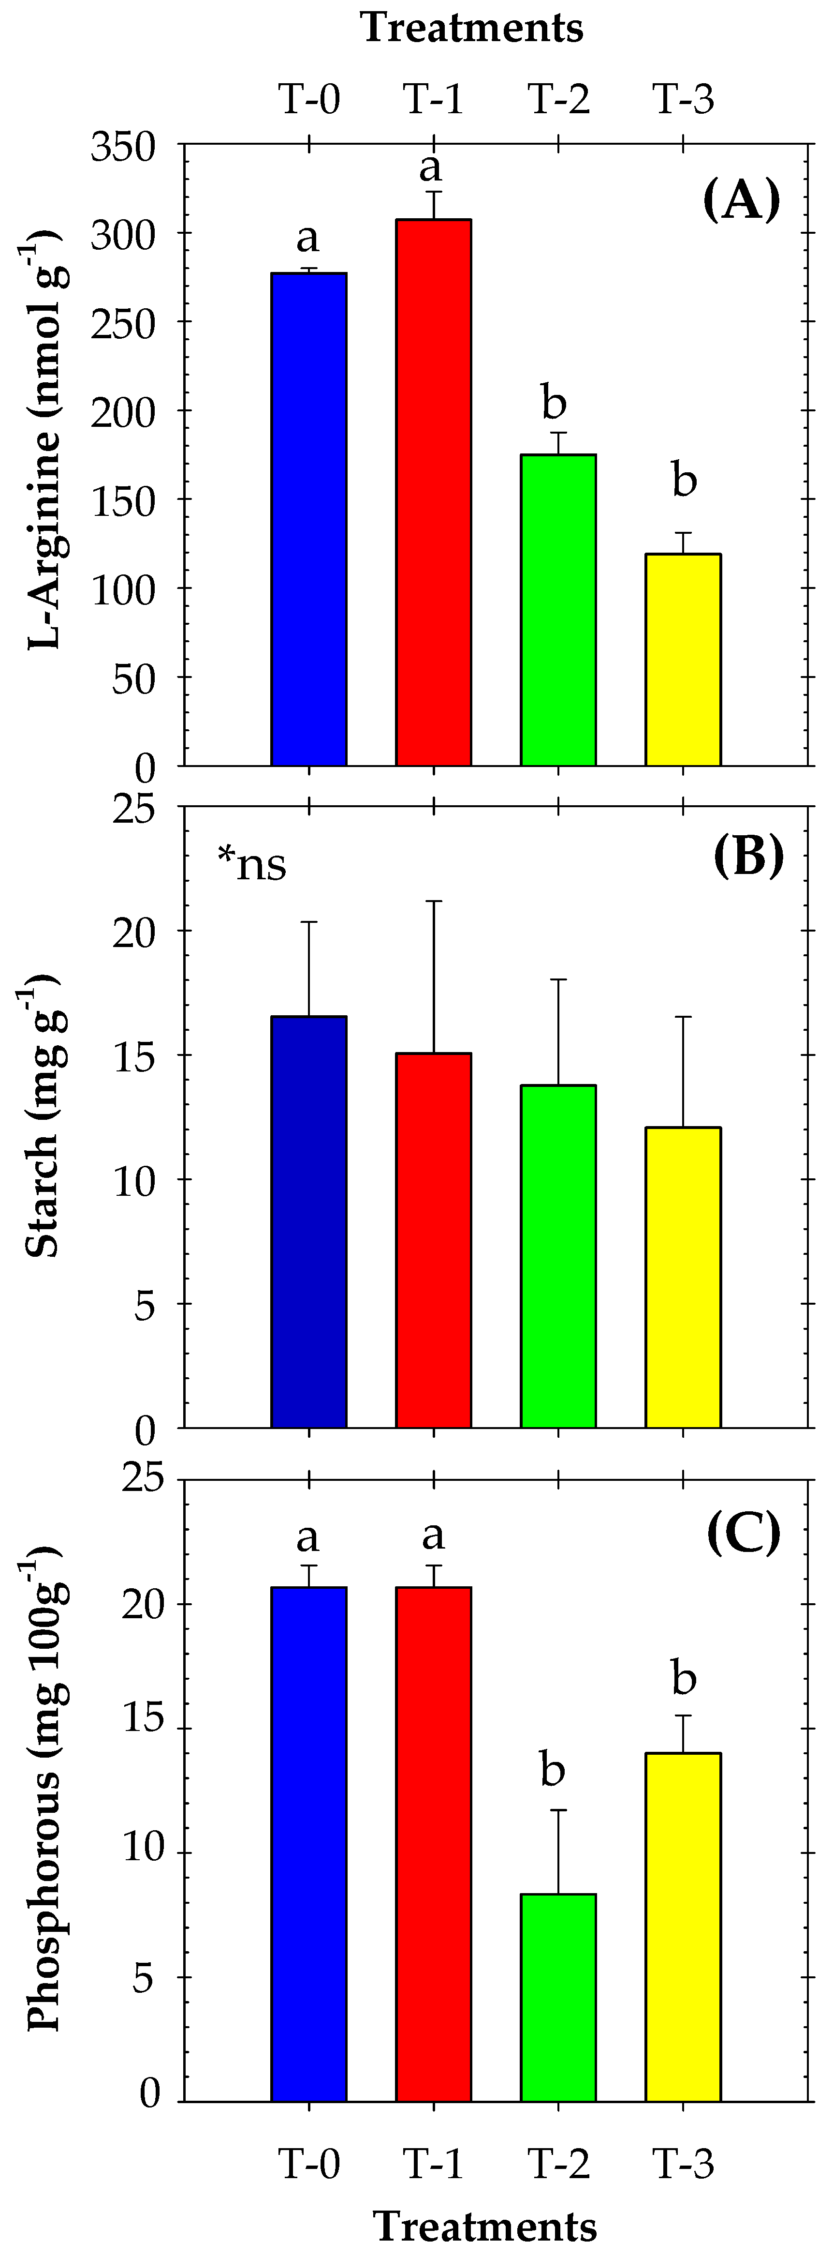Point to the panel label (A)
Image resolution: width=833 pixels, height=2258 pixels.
[x=741, y=201]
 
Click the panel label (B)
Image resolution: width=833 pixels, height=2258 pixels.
[x=748, y=857]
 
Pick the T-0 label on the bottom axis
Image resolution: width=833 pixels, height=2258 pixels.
[x=309, y=2163]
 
